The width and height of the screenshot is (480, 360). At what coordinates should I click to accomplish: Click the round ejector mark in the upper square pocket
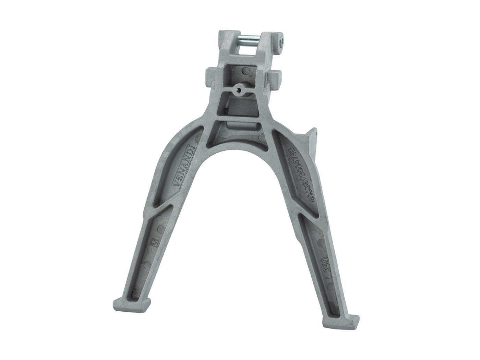[x=245, y=72]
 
